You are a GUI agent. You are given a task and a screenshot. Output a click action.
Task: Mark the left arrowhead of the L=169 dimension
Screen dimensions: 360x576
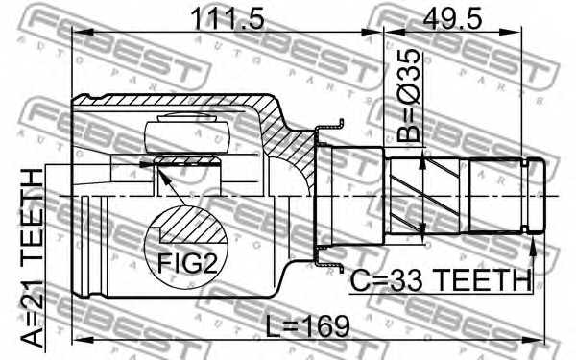tap(80, 338)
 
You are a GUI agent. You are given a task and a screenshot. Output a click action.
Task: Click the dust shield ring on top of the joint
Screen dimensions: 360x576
tap(330, 127)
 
